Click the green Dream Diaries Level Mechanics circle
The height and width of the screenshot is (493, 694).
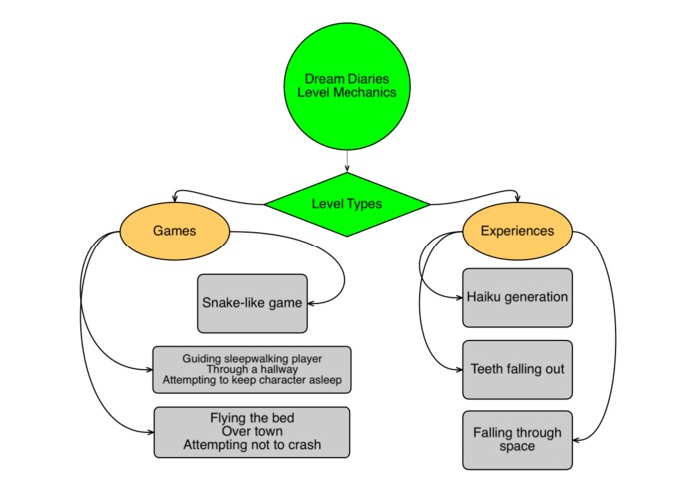[x=347, y=86]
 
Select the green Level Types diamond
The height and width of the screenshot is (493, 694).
[x=347, y=204]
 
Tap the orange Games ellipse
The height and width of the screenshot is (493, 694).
[x=175, y=231]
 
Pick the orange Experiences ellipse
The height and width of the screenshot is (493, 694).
[x=517, y=231]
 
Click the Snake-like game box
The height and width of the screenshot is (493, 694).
[x=252, y=303]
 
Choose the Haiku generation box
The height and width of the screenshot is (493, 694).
[x=517, y=298]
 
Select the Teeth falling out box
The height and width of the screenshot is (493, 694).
[x=517, y=369]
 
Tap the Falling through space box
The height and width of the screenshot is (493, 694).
[x=517, y=440]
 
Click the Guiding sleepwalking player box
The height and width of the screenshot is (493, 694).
[x=252, y=369]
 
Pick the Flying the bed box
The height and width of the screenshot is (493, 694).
[x=252, y=432]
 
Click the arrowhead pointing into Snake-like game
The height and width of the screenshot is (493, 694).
[x=311, y=303]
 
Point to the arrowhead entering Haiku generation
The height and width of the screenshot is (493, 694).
[x=459, y=298]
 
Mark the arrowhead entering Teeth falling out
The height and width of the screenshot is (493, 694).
[x=459, y=369]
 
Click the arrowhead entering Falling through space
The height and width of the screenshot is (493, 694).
[x=576, y=440]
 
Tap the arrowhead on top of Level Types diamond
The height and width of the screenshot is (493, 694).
[x=347, y=169]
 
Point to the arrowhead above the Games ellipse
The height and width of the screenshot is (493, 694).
[x=175, y=199]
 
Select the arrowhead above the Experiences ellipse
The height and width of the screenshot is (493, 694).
[x=518, y=199]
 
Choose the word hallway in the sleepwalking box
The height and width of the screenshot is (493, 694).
[x=279, y=369]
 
